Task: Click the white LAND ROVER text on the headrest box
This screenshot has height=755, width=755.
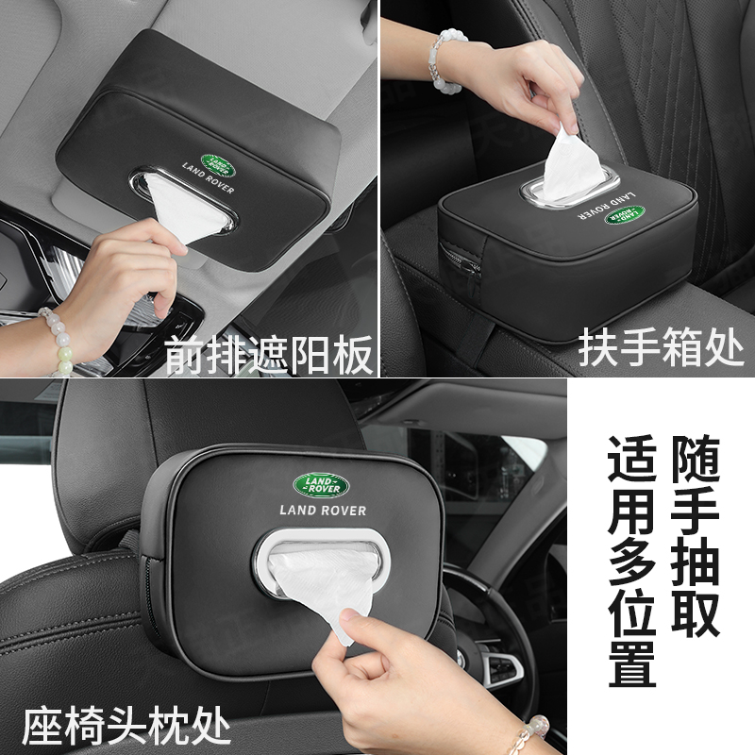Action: pyautogui.click(x=324, y=511)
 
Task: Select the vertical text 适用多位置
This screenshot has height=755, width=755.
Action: pyautogui.click(x=633, y=557)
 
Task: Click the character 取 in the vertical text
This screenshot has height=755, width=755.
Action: pyautogui.click(x=696, y=615)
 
